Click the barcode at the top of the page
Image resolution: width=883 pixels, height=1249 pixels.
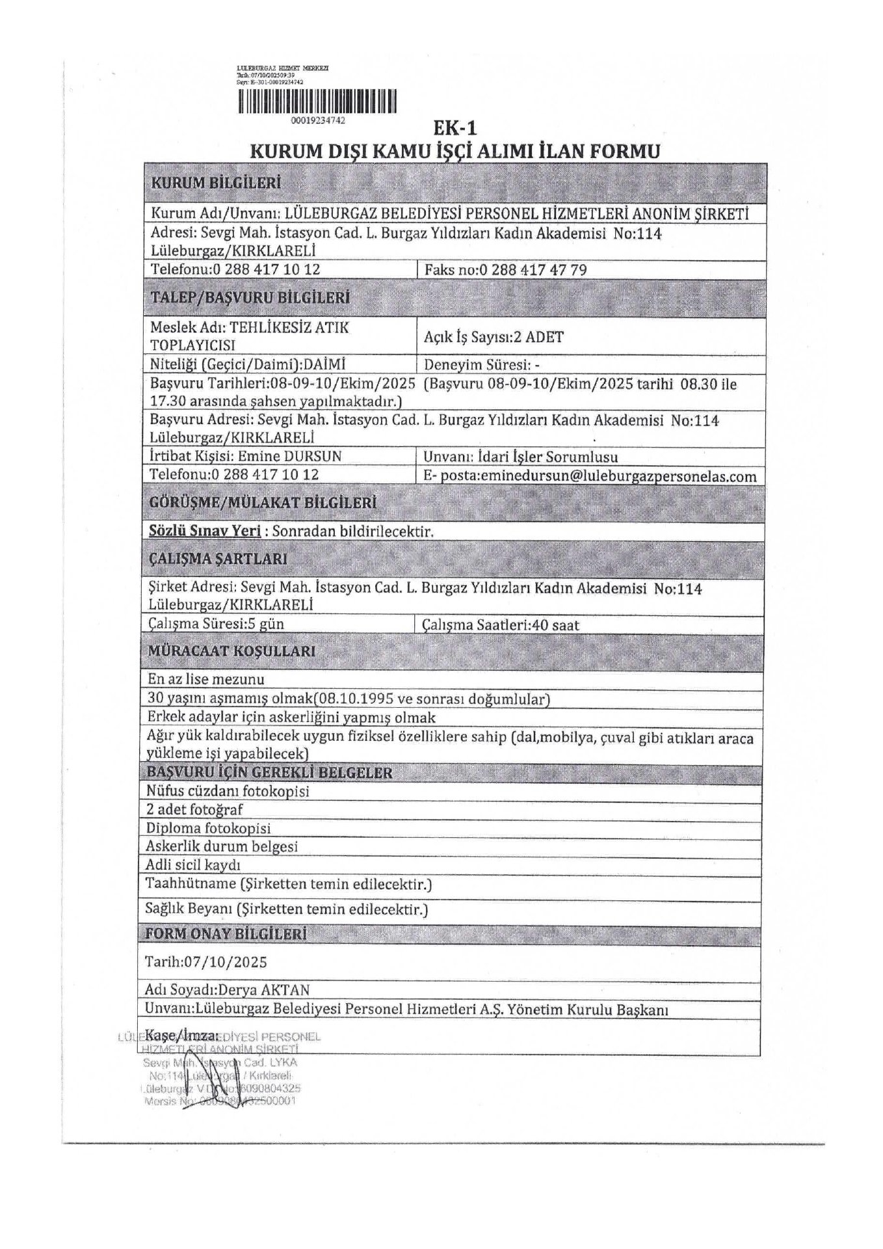317,102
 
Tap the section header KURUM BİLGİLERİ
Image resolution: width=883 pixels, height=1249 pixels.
216,183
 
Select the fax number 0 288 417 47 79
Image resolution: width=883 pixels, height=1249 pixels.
533,269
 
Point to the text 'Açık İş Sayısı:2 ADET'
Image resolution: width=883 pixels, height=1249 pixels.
494,337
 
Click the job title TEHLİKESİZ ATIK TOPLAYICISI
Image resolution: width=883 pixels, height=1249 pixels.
250,336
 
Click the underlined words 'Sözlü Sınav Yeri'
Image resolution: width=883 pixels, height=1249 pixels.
205,531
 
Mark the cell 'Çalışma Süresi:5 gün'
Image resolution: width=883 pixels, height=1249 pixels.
217,624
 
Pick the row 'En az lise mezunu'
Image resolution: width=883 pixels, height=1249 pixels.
206,679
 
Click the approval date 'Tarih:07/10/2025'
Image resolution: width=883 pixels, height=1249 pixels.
207,961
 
